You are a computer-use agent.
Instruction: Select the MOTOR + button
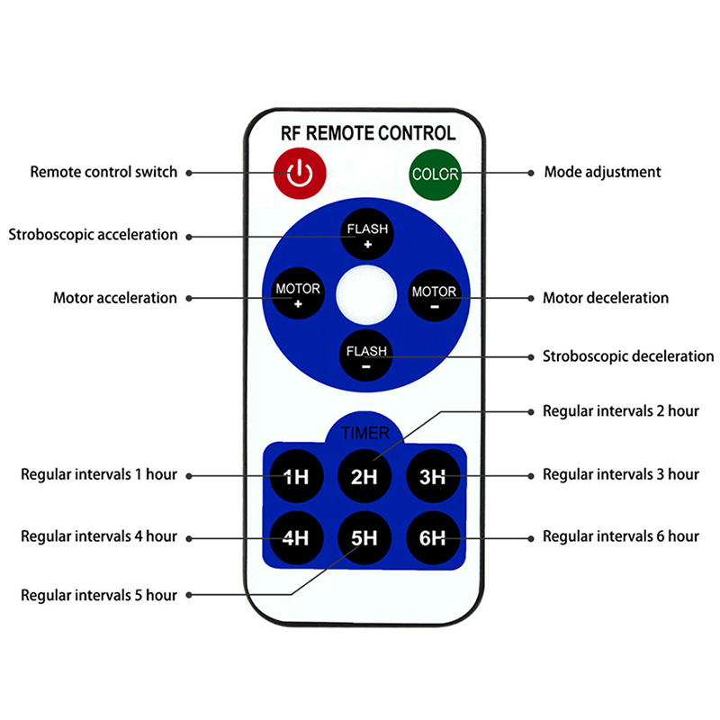pyautogui.click(x=298, y=295)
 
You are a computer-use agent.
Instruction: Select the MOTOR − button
pyautogui.click(x=434, y=295)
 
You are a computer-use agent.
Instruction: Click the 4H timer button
pyautogui.click(x=296, y=538)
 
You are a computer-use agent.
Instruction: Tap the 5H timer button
pyautogui.click(x=364, y=538)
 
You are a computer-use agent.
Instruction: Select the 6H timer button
pyautogui.click(x=433, y=538)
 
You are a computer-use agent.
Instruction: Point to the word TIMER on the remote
pyautogui.click(x=365, y=433)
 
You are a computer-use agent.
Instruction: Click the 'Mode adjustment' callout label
pyautogui.click(x=602, y=171)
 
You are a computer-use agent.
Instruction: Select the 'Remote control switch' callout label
pyautogui.click(x=103, y=171)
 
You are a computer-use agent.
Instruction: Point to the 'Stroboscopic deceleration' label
pyautogui.click(x=627, y=355)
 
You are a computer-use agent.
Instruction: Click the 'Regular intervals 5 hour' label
pyautogui.click(x=99, y=594)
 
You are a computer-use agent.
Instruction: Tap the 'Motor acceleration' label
pyautogui.click(x=115, y=297)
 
